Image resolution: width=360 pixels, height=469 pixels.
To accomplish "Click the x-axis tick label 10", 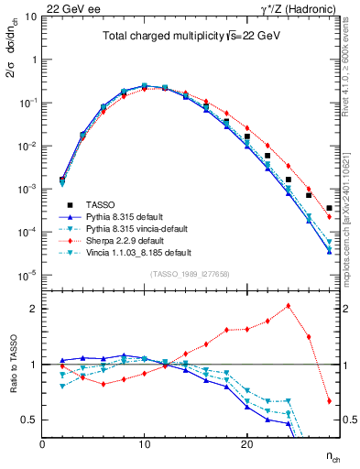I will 144,444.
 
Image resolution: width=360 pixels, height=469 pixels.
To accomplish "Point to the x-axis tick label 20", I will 246,444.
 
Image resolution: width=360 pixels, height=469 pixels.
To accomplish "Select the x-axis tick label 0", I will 42,444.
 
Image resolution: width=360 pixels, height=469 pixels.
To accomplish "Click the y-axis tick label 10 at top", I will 29,16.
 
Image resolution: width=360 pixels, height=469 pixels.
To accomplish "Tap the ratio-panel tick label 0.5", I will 27,420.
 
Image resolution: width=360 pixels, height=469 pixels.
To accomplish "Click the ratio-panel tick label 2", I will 32,309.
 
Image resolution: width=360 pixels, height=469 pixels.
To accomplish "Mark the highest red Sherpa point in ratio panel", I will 289,306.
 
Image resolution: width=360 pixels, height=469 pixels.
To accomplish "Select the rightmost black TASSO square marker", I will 329,208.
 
